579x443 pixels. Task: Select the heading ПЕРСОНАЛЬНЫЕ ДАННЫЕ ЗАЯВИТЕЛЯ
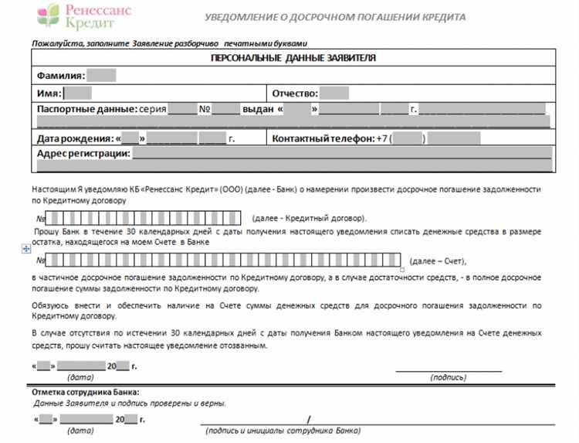click(293, 59)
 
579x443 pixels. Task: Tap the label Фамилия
click(60, 76)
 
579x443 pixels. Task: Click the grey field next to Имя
click(77, 93)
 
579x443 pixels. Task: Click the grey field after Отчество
click(334, 93)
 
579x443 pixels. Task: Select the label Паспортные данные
click(86, 110)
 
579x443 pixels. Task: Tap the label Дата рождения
click(75, 138)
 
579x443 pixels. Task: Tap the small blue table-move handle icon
click(26, 249)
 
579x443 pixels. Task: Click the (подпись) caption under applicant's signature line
click(448, 377)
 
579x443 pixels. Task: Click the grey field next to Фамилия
click(101, 76)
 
